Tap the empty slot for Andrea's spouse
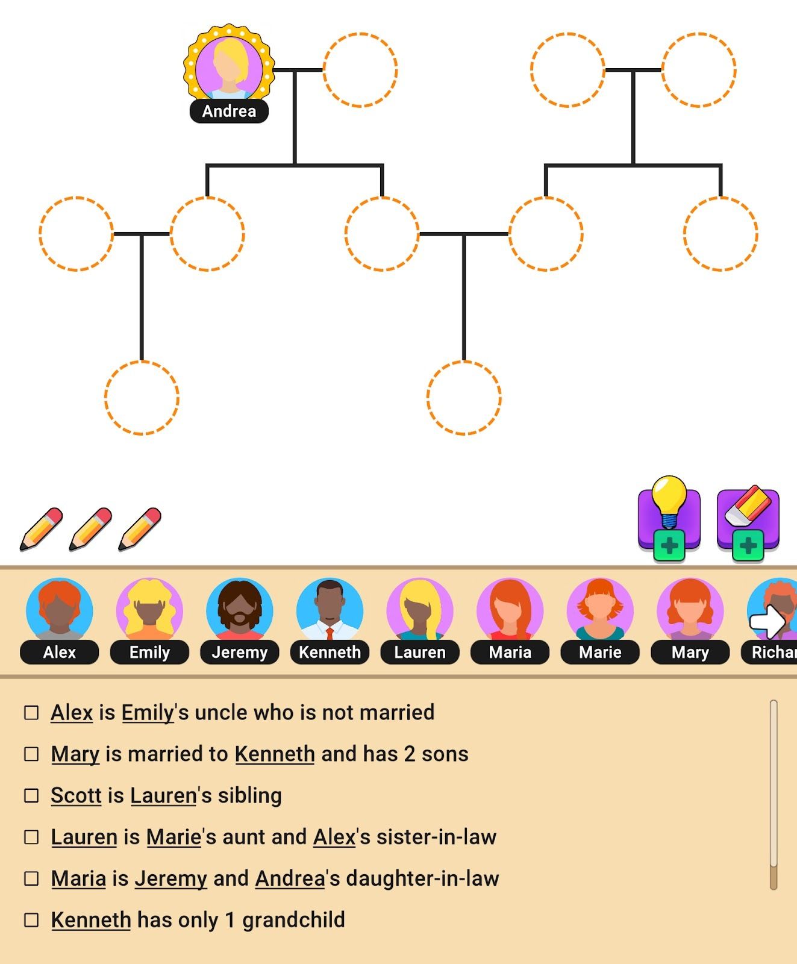(360, 70)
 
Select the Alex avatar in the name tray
(59, 610)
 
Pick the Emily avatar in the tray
(149, 610)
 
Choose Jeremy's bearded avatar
(239, 610)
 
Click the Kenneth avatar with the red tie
(330, 610)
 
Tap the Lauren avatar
(419, 610)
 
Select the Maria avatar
(510, 610)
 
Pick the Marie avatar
(600, 610)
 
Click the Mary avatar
(690, 610)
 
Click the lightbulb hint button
(669, 518)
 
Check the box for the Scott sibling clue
(31, 795)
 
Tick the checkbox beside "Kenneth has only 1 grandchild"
(31, 920)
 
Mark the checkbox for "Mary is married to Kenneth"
(31, 754)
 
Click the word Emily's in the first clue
(148, 713)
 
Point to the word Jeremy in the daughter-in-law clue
(170, 878)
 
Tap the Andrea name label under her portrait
(229, 111)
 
